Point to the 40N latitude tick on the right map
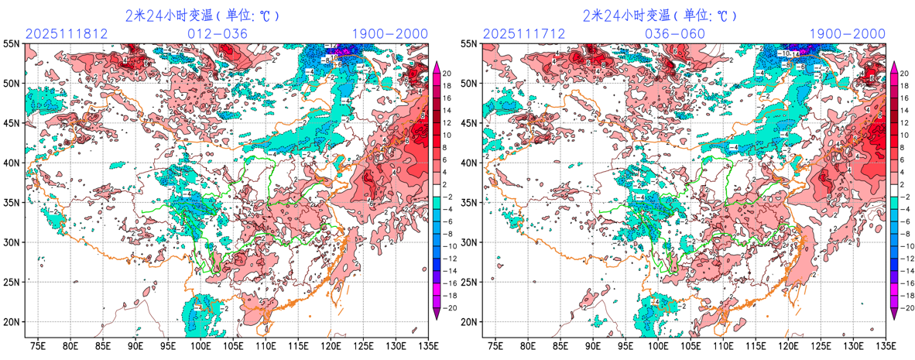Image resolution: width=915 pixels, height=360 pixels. pos(468,163)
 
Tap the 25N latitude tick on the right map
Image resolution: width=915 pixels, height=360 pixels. pos(468,282)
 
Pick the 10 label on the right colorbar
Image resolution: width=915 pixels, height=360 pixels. pos(903,135)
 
